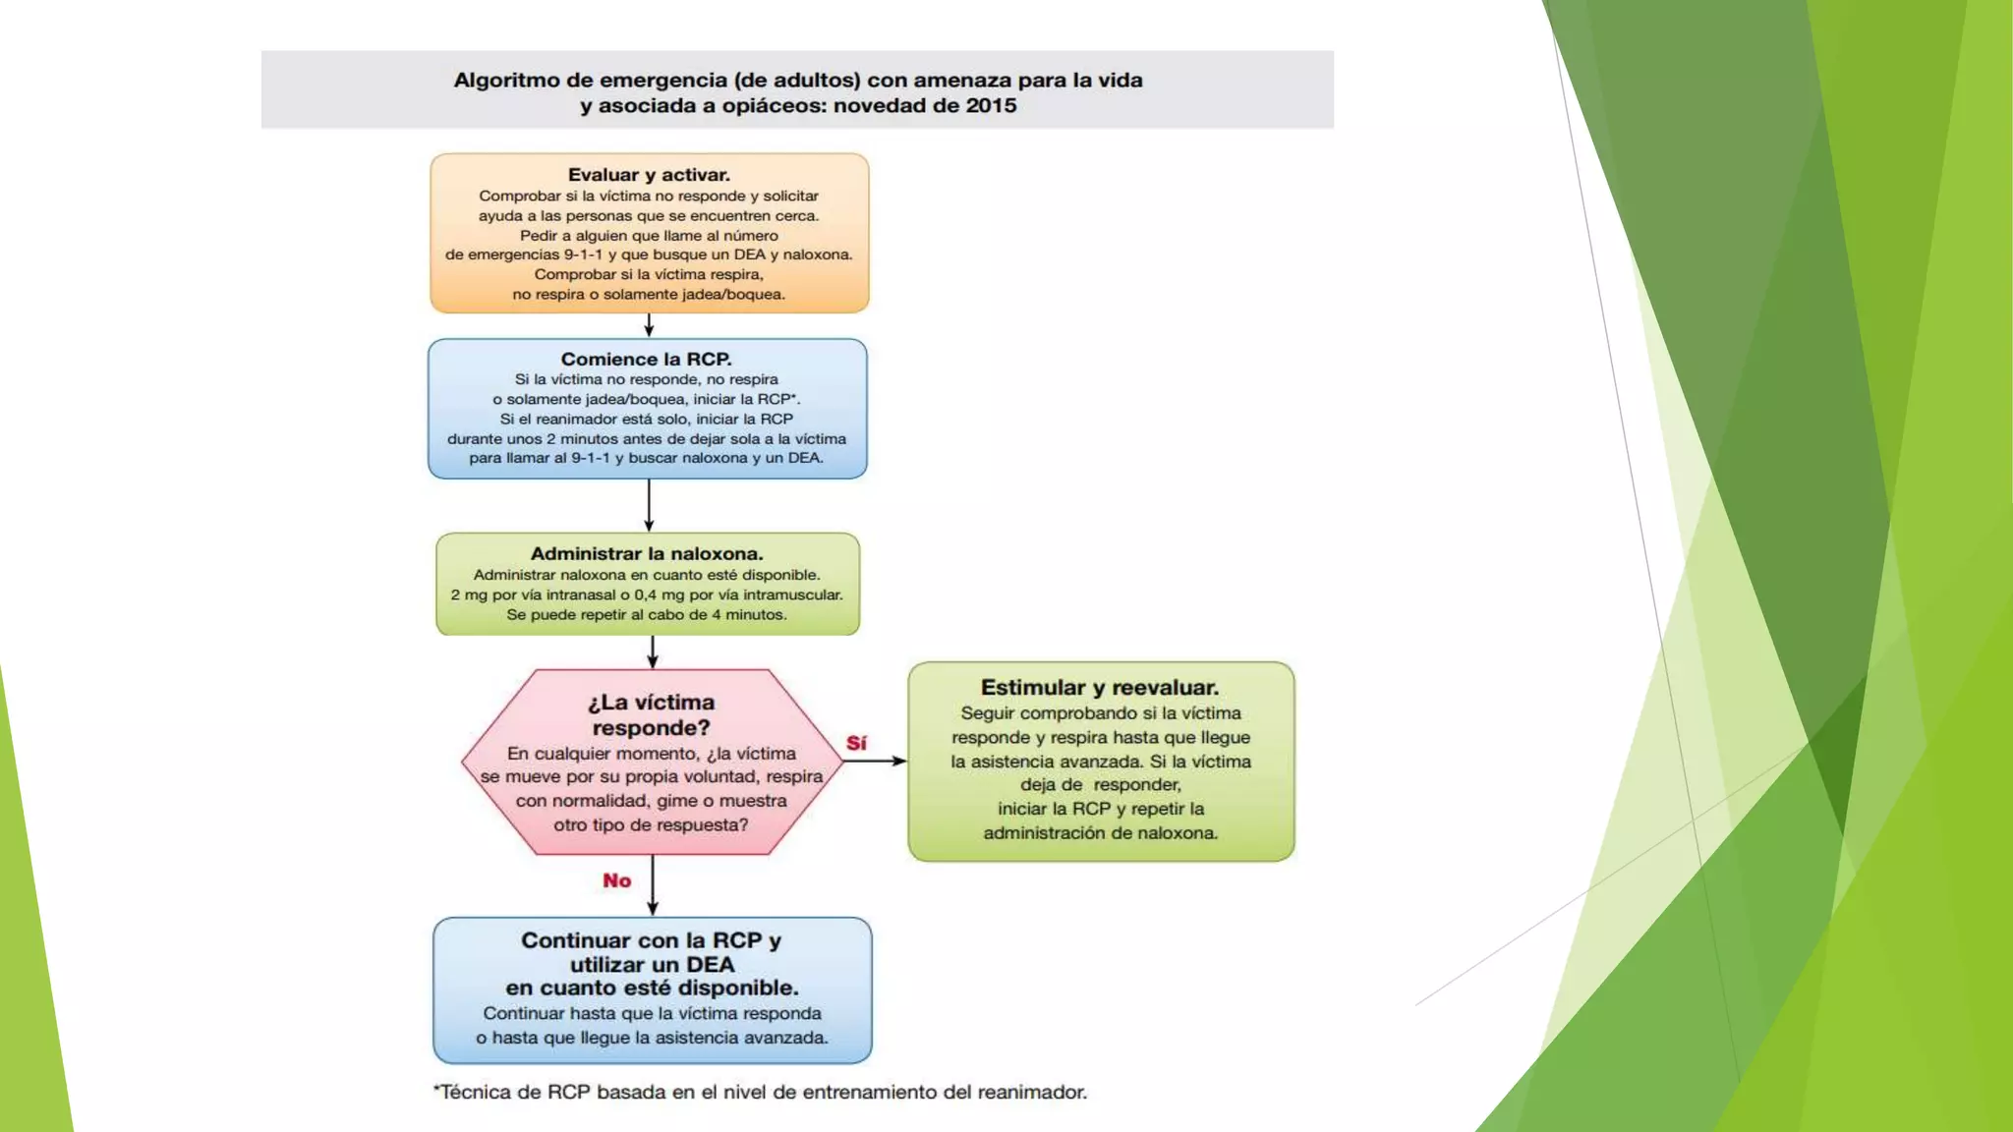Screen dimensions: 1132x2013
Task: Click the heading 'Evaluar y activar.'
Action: click(x=649, y=175)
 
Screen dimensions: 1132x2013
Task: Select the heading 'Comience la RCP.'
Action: click(x=647, y=360)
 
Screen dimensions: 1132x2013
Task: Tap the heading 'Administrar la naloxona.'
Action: click(x=647, y=554)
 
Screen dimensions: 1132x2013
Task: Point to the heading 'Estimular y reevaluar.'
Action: click(x=1100, y=688)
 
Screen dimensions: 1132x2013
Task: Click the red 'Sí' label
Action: click(x=856, y=743)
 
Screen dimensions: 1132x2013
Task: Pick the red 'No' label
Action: click(x=617, y=880)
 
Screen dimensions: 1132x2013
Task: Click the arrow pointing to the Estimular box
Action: click(x=875, y=761)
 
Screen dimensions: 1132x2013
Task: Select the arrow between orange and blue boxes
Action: click(x=649, y=325)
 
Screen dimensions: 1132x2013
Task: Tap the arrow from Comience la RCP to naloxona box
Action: click(x=649, y=505)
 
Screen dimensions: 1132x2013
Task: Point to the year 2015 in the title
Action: click(x=991, y=106)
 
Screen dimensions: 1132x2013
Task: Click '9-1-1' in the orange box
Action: click(x=584, y=255)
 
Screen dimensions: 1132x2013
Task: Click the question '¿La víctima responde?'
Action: click(x=651, y=715)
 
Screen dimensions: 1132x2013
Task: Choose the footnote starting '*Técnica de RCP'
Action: click(x=760, y=1092)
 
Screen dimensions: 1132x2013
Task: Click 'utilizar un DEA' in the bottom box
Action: click(x=652, y=964)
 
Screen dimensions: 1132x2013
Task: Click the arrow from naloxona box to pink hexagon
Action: click(x=653, y=651)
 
